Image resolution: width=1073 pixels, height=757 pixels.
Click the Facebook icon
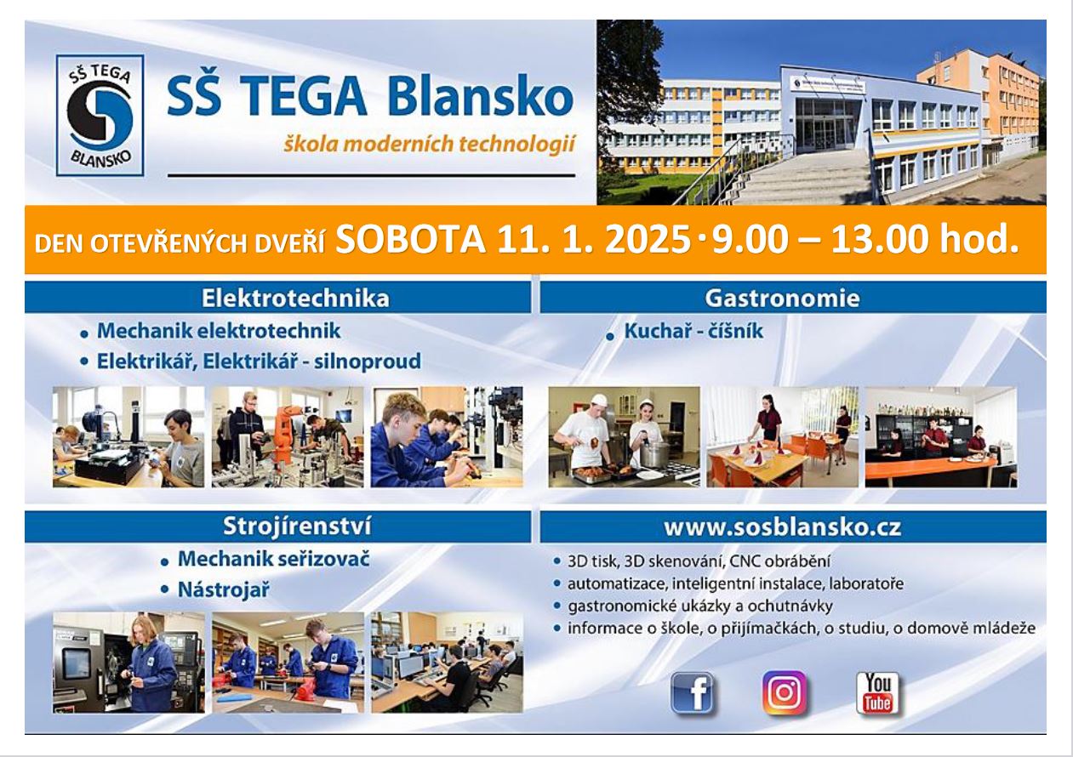[x=692, y=693]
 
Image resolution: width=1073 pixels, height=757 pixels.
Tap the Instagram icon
[x=785, y=692]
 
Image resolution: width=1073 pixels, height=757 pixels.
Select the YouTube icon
[x=877, y=693]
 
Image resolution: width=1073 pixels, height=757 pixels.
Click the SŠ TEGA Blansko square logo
[x=100, y=116]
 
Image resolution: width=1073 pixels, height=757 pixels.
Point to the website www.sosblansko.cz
[x=782, y=527]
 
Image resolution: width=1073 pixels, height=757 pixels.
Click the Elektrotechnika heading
[x=295, y=298]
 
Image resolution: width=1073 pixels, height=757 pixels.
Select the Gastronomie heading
[x=782, y=298]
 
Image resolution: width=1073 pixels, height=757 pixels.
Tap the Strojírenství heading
[x=297, y=526]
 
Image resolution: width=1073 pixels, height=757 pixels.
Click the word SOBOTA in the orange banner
[x=410, y=239]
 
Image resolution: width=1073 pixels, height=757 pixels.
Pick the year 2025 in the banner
[x=648, y=239]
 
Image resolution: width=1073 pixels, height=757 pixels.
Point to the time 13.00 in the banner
[x=882, y=239]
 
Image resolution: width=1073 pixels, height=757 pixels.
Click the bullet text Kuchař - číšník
[x=693, y=332]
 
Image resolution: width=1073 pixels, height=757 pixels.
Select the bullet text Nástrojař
[x=224, y=590]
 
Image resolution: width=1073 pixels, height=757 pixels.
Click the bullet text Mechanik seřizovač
[x=273, y=559]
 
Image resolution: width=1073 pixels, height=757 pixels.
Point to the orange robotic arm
[x=288, y=433]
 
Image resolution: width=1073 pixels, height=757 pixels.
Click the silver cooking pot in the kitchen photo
[x=654, y=454]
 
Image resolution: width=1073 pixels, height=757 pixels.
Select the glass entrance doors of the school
[x=823, y=133]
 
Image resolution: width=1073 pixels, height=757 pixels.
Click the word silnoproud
[x=368, y=361]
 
